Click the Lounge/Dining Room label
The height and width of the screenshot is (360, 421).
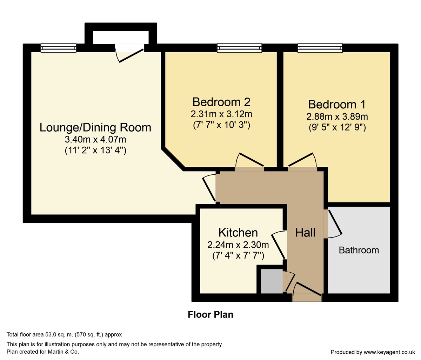click(x=95, y=127)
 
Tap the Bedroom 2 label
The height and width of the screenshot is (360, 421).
click(x=221, y=102)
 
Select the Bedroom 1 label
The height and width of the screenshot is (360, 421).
click(x=337, y=104)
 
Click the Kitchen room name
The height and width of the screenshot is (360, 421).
click(x=238, y=232)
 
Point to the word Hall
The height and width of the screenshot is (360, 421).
click(x=305, y=232)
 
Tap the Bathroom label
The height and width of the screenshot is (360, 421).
click(x=359, y=250)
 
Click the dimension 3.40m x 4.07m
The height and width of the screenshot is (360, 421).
click(x=95, y=139)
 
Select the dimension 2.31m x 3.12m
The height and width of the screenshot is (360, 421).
click(x=221, y=114)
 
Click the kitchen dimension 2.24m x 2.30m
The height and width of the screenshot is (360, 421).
click(x=238, y=245)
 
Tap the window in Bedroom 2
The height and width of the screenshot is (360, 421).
click(x=239, y=48)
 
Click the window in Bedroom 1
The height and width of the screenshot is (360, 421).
click(x=320, y=48)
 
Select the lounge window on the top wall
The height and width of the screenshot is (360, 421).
click(x=58, y=48)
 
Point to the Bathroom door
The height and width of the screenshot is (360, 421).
click(x=333, y=223)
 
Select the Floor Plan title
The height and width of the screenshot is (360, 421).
click(x=210, y=314)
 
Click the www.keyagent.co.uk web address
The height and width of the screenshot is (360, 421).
click(x=389, y=352)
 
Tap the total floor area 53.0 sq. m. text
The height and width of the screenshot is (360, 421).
click(x=65, y=335)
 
